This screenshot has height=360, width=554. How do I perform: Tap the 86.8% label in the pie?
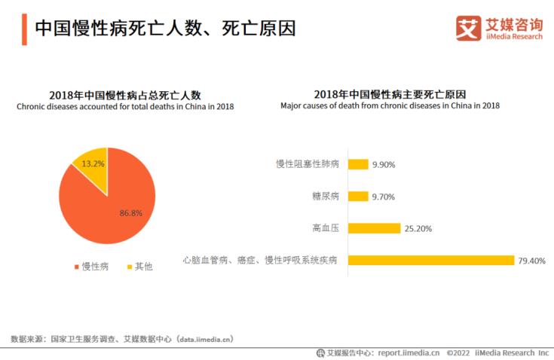pos(130,213)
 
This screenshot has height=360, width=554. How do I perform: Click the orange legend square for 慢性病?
pos(75,267)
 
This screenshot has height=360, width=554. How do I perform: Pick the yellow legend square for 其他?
pos(129,267)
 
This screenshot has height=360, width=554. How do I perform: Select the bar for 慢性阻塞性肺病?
pos(358,164)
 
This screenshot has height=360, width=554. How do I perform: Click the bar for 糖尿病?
pos(358,197)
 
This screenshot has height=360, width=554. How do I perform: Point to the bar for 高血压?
pos(374,228)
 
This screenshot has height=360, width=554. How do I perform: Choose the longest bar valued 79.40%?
pos(430,261)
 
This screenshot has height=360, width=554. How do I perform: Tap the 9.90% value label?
pos(384,164)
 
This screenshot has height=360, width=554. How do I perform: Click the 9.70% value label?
pos(383,197)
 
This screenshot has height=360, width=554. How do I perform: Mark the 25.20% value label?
pos(418,228)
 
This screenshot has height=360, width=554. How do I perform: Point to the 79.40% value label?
pos(531,261)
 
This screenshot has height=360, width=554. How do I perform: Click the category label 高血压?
pos(326,228)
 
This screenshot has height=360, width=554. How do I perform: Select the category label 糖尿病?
pos(326,197)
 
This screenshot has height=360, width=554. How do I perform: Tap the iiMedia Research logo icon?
pos(468,28)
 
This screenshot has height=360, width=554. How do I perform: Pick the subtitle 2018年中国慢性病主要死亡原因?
pos(390,94)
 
